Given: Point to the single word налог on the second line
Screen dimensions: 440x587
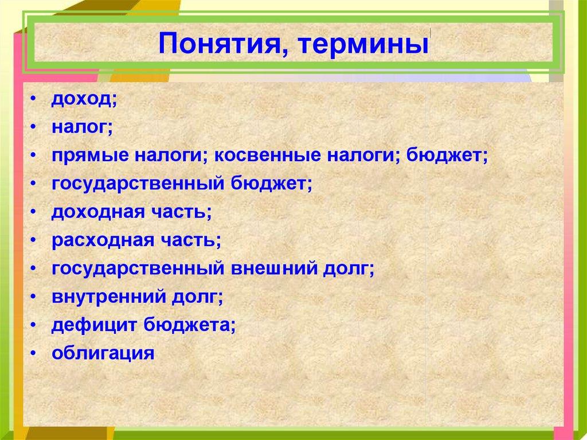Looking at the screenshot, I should (79, 127).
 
